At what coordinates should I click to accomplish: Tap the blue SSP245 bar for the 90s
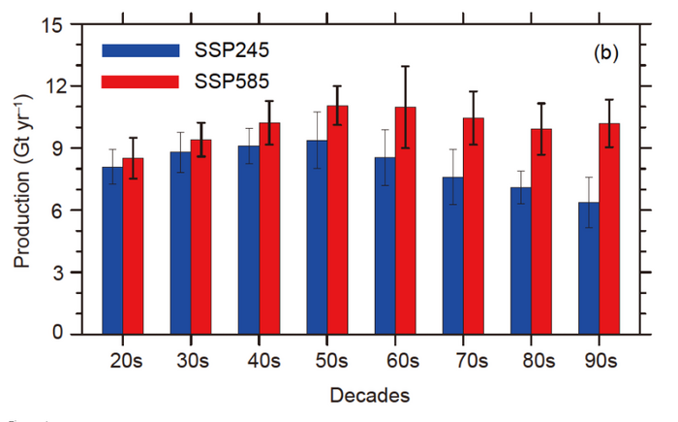pos(588,268)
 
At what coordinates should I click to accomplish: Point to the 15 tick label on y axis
pos(50,24)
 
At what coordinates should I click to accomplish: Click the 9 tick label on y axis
pos(56,148)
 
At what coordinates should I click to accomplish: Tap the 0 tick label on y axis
pos(56,335)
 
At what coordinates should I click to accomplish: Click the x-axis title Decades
pos(369,395)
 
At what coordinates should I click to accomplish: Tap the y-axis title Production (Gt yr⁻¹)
pos(21,180)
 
